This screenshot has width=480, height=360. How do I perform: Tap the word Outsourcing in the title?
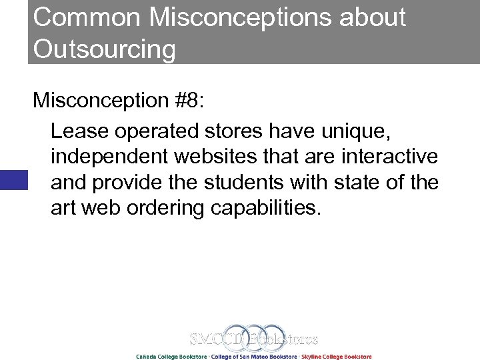click(105, 49)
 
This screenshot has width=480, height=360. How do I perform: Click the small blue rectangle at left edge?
click(13, 180)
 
